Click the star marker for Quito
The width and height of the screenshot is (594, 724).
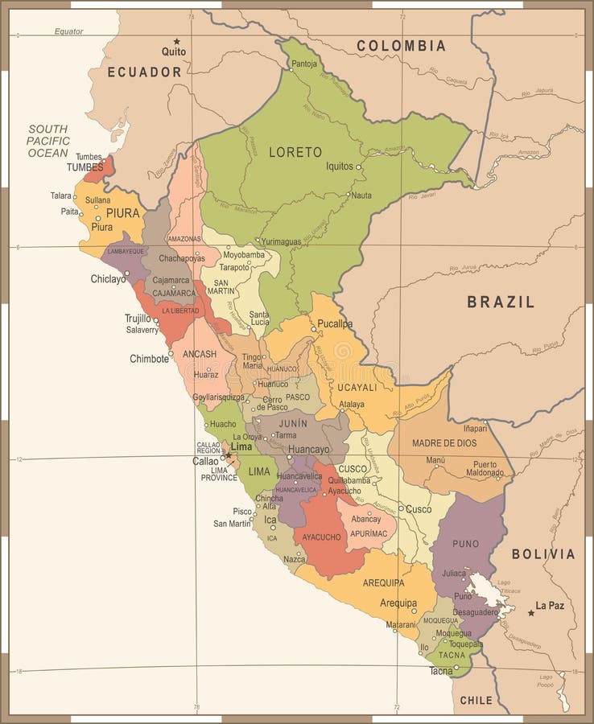176,41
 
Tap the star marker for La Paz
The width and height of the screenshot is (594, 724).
531,613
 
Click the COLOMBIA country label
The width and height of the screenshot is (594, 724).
401,46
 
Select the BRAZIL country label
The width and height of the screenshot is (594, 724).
501,302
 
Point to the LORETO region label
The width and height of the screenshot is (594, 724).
295,151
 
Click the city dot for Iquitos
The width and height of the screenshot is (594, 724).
359,167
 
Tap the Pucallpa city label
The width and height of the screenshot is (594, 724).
335,323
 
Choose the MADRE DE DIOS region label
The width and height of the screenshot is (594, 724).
444,443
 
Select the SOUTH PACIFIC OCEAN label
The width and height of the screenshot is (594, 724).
48,141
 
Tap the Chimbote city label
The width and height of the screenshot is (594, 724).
150,359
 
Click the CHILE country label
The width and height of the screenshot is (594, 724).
476,701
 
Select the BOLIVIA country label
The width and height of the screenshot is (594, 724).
543,554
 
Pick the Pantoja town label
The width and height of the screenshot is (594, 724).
304,64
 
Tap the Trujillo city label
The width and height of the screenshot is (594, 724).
138,318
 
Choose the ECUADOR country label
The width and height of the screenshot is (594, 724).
145,72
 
